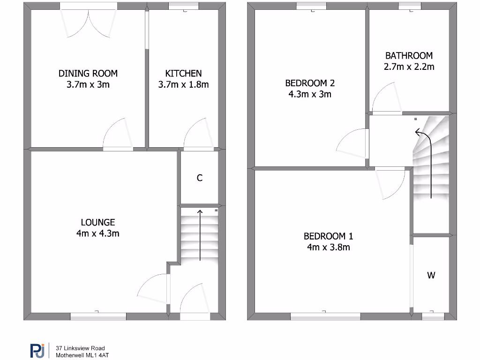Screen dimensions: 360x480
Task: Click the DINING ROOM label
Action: click(88, 74)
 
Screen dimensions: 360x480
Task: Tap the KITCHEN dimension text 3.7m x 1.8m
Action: click(183, 85)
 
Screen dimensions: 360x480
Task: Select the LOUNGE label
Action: click(97, 222)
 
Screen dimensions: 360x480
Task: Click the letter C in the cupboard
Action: click(200, 178)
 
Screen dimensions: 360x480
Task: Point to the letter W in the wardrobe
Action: click(431, 276)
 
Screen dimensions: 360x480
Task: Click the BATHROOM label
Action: click(409, 56)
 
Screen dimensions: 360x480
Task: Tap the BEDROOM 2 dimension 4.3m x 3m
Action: click(310, 94)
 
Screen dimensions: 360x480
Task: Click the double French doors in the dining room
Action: click(88, 21)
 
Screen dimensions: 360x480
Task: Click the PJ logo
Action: click(37, 351)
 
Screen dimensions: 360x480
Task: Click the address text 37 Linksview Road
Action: click(80, 348)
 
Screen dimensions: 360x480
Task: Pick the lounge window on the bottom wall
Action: click(98, 316)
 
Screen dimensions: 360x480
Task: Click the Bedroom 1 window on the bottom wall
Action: click(325, 316)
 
